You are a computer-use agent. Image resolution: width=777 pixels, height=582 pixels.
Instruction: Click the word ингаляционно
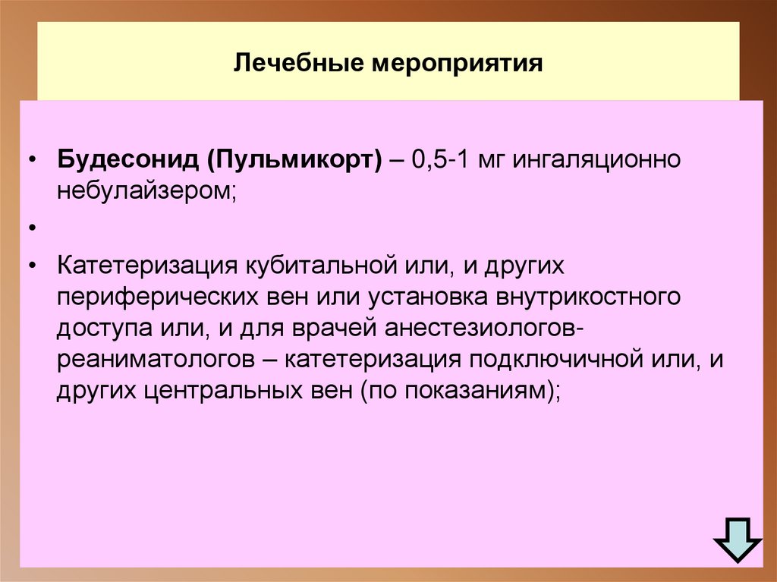coord(600,161)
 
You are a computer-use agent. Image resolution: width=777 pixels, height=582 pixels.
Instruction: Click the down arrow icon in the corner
coord(736,540)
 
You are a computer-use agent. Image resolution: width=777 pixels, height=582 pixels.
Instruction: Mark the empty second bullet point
coord(32,228)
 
